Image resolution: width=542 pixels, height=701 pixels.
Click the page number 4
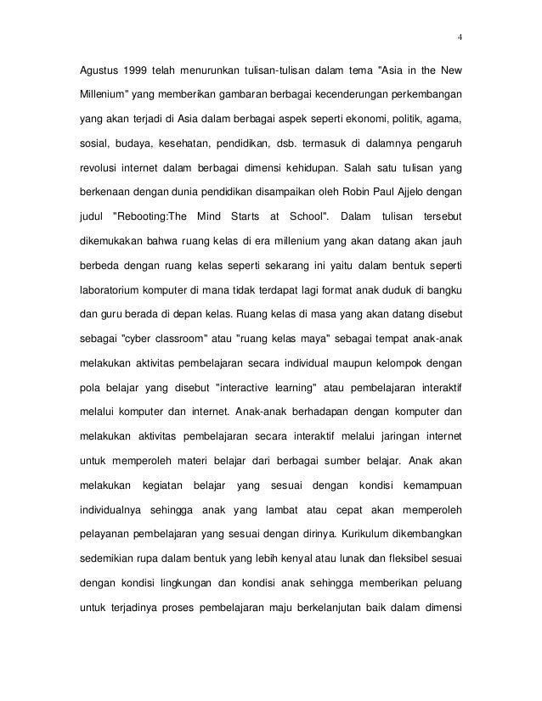[460, 36]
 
